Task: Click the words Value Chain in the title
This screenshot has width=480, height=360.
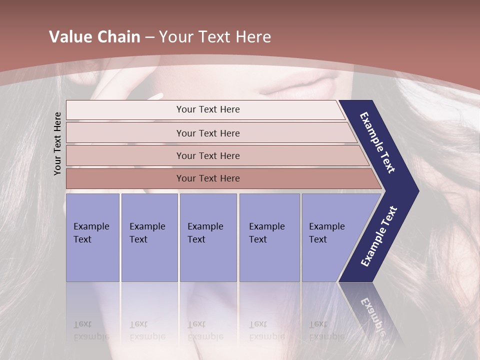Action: pos(94,37)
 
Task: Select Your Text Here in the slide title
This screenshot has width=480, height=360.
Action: pos(215,37)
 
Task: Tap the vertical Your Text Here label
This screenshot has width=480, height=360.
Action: pos(57,144)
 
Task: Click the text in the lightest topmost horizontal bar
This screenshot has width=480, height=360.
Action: pos(208,109)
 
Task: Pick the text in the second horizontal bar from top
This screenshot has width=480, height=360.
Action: pos(208,133)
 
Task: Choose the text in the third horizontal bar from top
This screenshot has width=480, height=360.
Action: pos(208,156)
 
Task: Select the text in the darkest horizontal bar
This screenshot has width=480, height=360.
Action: pos(208,178)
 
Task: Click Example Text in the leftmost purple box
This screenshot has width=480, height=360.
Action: pos(91,233)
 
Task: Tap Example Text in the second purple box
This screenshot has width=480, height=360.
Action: pos(147,233)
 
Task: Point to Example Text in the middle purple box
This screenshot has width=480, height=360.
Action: pos(205,233)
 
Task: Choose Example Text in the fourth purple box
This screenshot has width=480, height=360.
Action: pos(266,233)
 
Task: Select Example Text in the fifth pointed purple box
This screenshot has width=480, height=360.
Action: pos(326,233)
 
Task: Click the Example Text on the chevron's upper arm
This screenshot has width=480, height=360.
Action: pos(378,142)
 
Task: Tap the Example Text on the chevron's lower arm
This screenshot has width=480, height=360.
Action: pos(379,236)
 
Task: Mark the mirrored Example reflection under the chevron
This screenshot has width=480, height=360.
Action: pos(372,315)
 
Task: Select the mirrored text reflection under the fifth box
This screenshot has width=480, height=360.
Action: pos(326,330)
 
